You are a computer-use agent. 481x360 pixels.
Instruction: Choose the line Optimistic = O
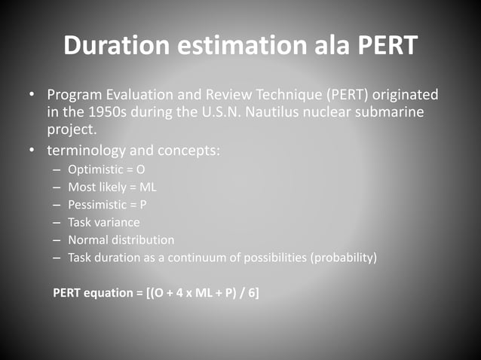point(107,169)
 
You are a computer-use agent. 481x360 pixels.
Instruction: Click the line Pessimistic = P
point(109,205)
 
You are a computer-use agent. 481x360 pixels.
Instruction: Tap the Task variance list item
point(104,222)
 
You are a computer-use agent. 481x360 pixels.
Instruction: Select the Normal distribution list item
point(121,239)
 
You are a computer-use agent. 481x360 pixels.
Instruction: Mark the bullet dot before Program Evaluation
point(32,96)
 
